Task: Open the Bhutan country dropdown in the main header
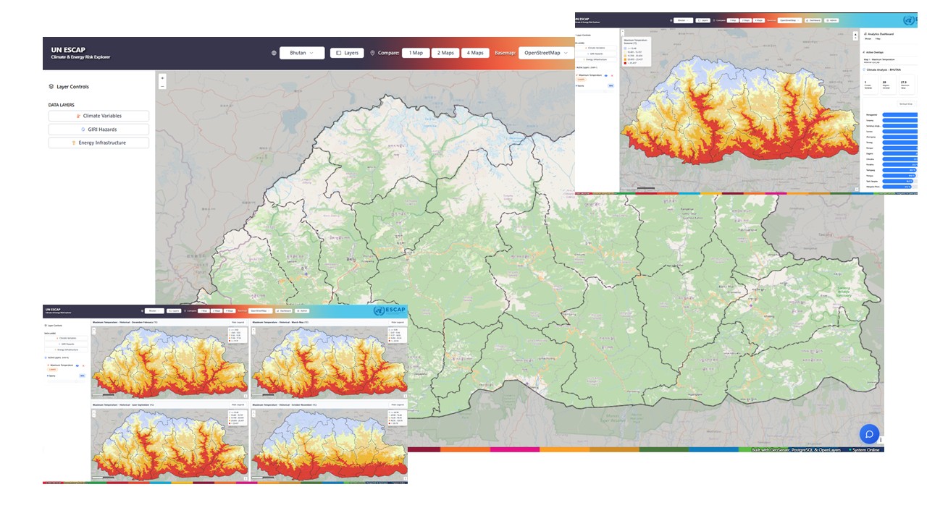click(302, 53)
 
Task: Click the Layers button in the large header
click(347, 53)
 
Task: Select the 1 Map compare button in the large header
click(416, 53)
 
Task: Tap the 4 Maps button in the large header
click(475, 53)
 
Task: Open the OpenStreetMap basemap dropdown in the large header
click(546, 53)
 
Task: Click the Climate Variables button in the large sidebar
click(99, 116)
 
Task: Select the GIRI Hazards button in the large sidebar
click(99, 130)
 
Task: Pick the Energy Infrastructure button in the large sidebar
click(99, 143)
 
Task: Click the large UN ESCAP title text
click(68, 50)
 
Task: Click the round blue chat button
click(869, 433)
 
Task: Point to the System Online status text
click(865, 450)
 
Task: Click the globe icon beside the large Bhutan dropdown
click(274, 53)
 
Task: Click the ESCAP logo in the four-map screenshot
click(390, 310)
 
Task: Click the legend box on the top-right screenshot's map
click(636, 51)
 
